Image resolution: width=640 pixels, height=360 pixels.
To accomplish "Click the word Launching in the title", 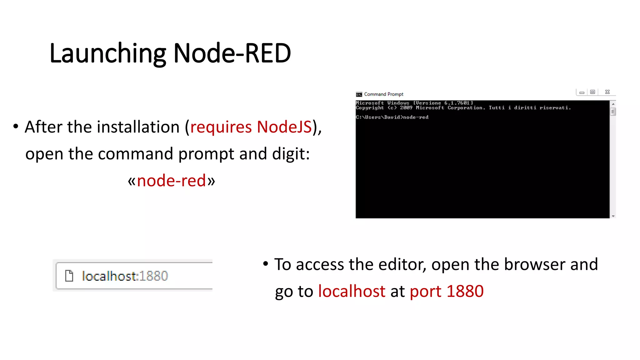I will click(107, 53).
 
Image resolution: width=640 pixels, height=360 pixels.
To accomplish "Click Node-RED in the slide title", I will click(232, 53).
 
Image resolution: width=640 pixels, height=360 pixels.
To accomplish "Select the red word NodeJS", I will click(284, 127).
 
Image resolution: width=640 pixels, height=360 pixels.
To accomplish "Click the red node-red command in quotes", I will click(171, 181).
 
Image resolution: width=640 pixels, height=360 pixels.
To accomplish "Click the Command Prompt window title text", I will click(383, 94).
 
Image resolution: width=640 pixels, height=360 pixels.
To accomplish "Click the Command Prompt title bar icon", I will click(359, 94).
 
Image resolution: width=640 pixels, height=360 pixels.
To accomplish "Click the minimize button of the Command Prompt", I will click(582, 92).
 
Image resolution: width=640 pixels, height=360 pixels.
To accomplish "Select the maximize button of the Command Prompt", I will click(592, 92).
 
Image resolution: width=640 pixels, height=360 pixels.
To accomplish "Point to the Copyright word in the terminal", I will click(370, 108).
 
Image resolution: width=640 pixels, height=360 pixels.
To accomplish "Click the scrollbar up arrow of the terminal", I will click(613, 104).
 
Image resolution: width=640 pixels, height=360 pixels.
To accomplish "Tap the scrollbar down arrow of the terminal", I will click(613, 216).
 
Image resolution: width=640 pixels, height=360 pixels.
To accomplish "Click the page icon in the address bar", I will click(69, 276).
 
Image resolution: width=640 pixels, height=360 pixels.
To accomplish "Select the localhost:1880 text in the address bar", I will click(125, 276).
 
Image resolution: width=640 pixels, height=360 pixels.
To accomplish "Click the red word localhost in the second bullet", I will click(352, 291).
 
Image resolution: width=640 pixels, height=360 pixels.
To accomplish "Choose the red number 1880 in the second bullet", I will click(465, 291).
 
